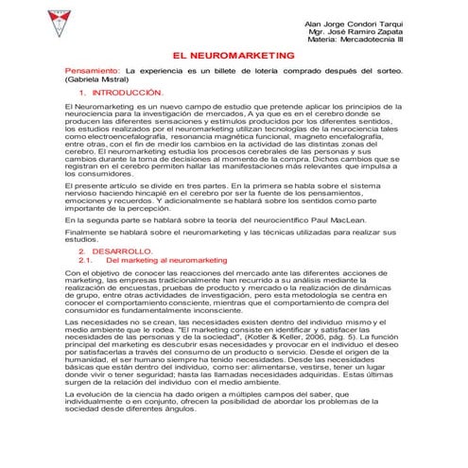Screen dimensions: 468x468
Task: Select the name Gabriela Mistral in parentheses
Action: pos(99,80)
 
